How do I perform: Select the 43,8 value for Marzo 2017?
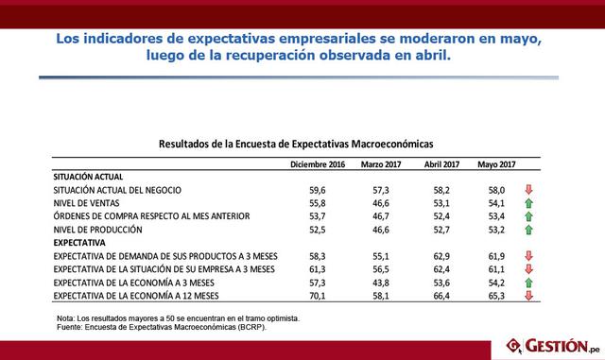tap(383, 283)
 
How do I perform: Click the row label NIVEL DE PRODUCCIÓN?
tap(98, 230)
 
